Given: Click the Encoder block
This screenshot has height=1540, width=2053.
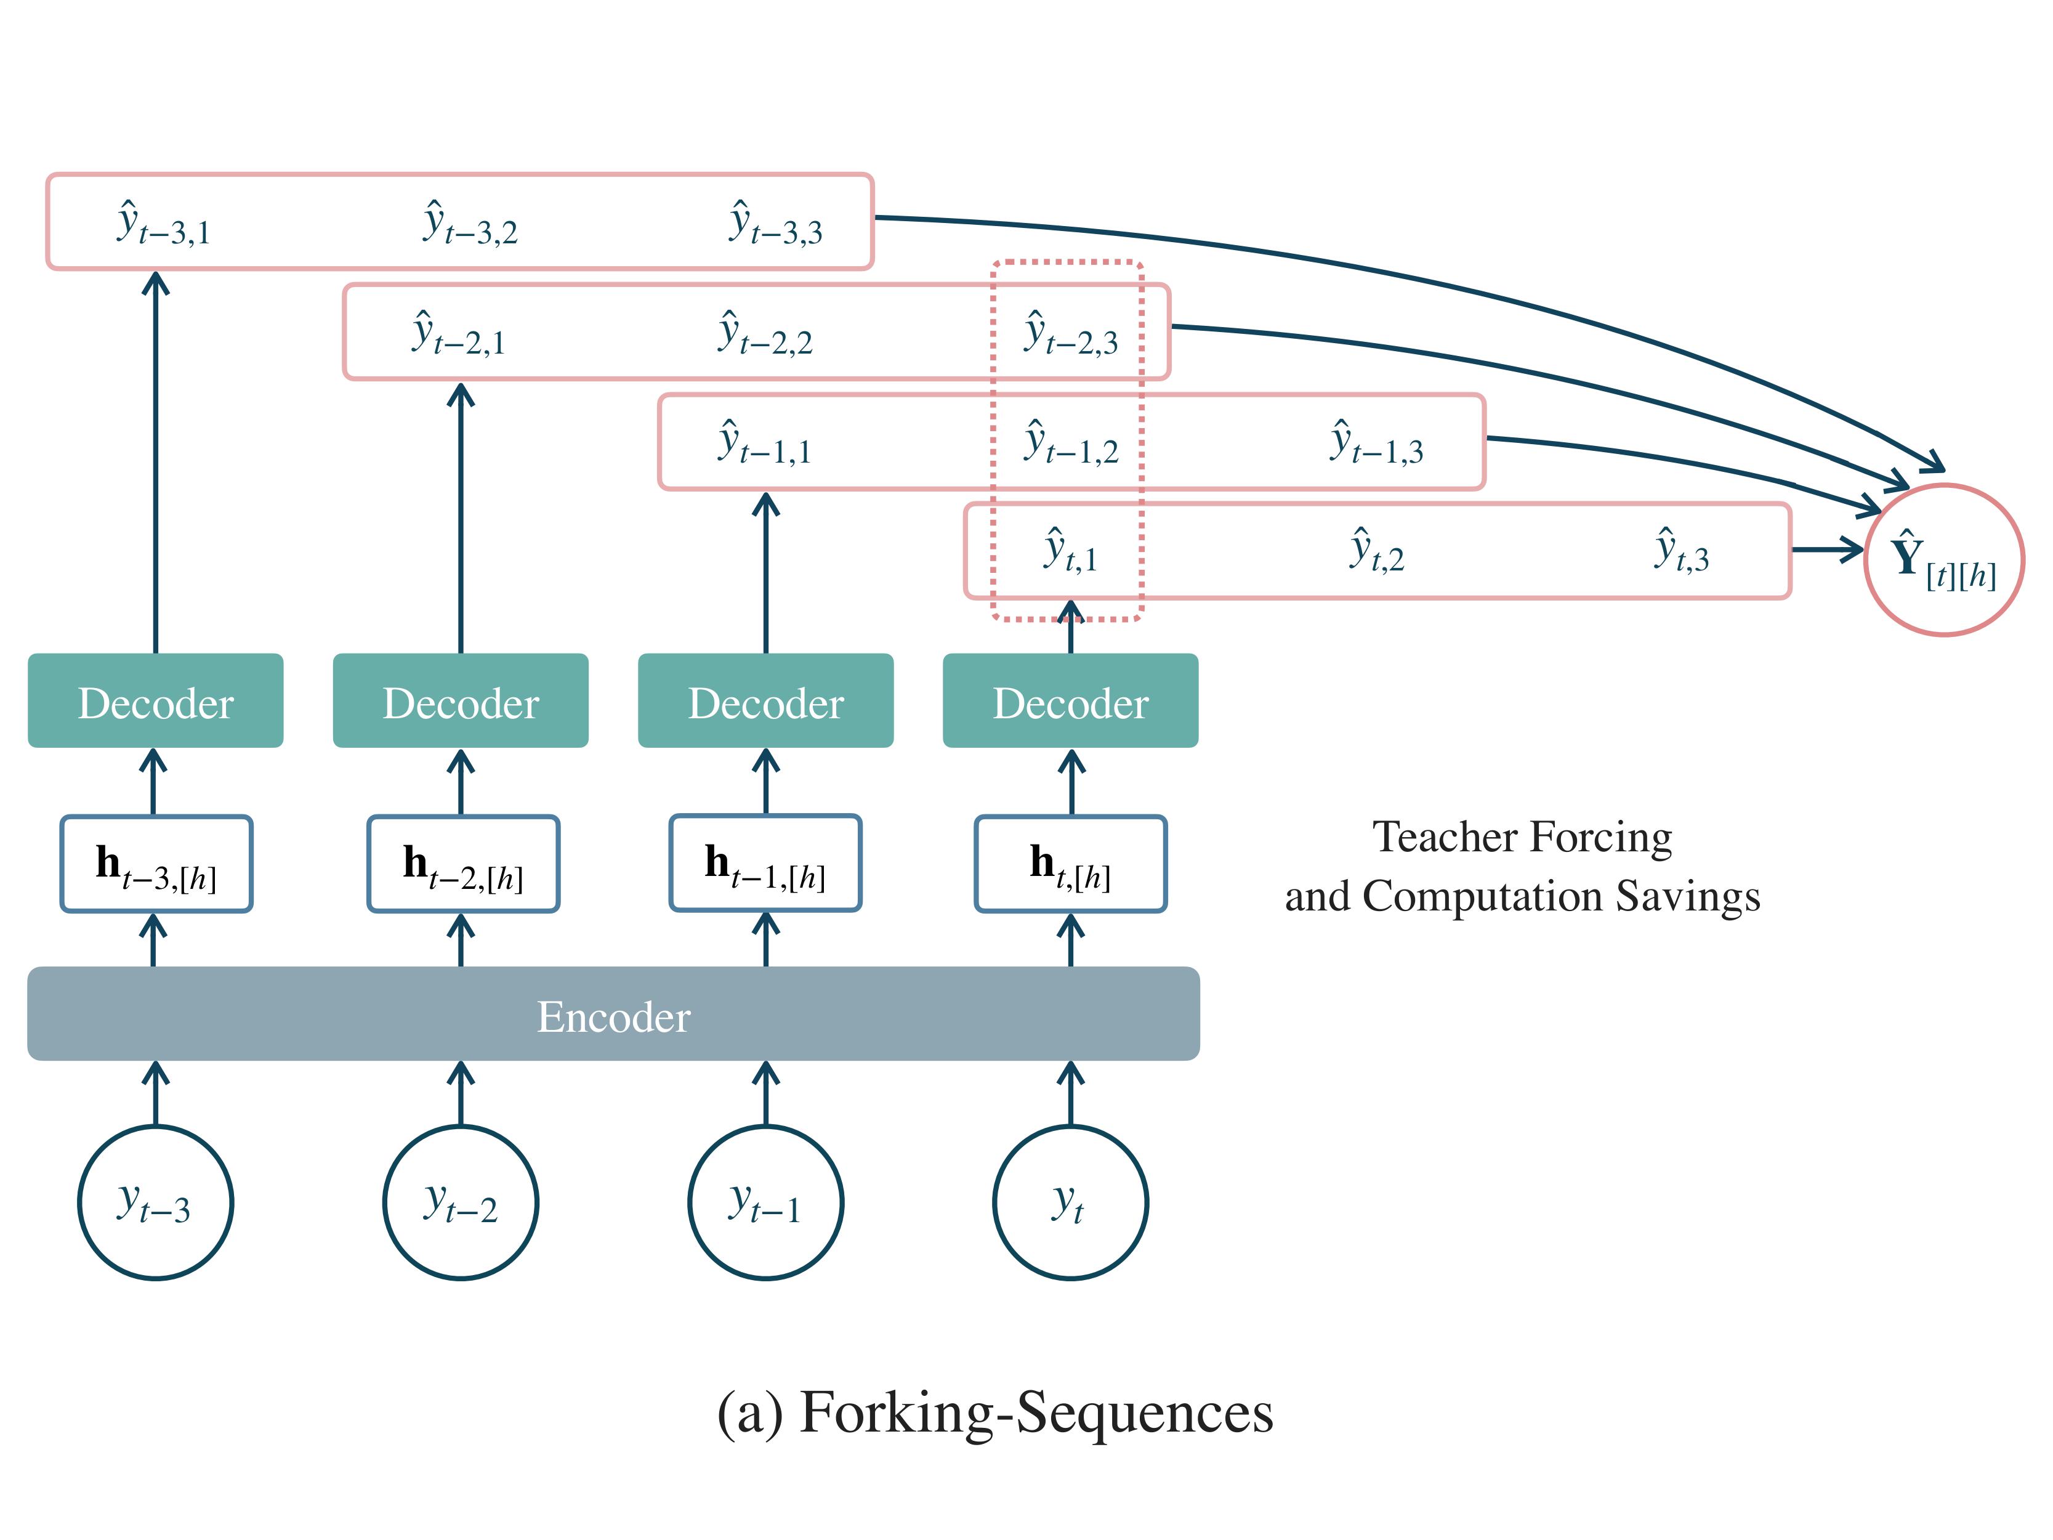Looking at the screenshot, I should click(613, 1014).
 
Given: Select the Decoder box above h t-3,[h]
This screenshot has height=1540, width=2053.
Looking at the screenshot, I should click(155, 701).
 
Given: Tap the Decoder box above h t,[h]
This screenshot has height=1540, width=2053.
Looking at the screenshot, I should click(1070, 701).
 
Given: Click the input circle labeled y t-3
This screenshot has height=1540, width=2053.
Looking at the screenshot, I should click(155, 1202).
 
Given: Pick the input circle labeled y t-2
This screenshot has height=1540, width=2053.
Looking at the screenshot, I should click(461, 1202).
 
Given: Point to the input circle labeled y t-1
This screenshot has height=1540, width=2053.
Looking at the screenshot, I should click(765, 1202).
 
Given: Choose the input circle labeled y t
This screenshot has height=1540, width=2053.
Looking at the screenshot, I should click(1070, 1202).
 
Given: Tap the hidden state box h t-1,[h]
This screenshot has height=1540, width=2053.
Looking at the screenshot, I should click(765, 863).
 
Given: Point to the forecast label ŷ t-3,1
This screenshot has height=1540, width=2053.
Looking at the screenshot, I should click(163, 223).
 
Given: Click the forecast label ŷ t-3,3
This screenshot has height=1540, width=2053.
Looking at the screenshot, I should click(776, 223).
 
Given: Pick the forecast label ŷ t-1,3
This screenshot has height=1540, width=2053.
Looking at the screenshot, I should click(1376, 442).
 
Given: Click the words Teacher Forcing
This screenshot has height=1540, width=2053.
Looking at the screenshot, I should click(1522, 837).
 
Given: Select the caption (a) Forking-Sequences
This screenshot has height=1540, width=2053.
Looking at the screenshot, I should click(995, 1412).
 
